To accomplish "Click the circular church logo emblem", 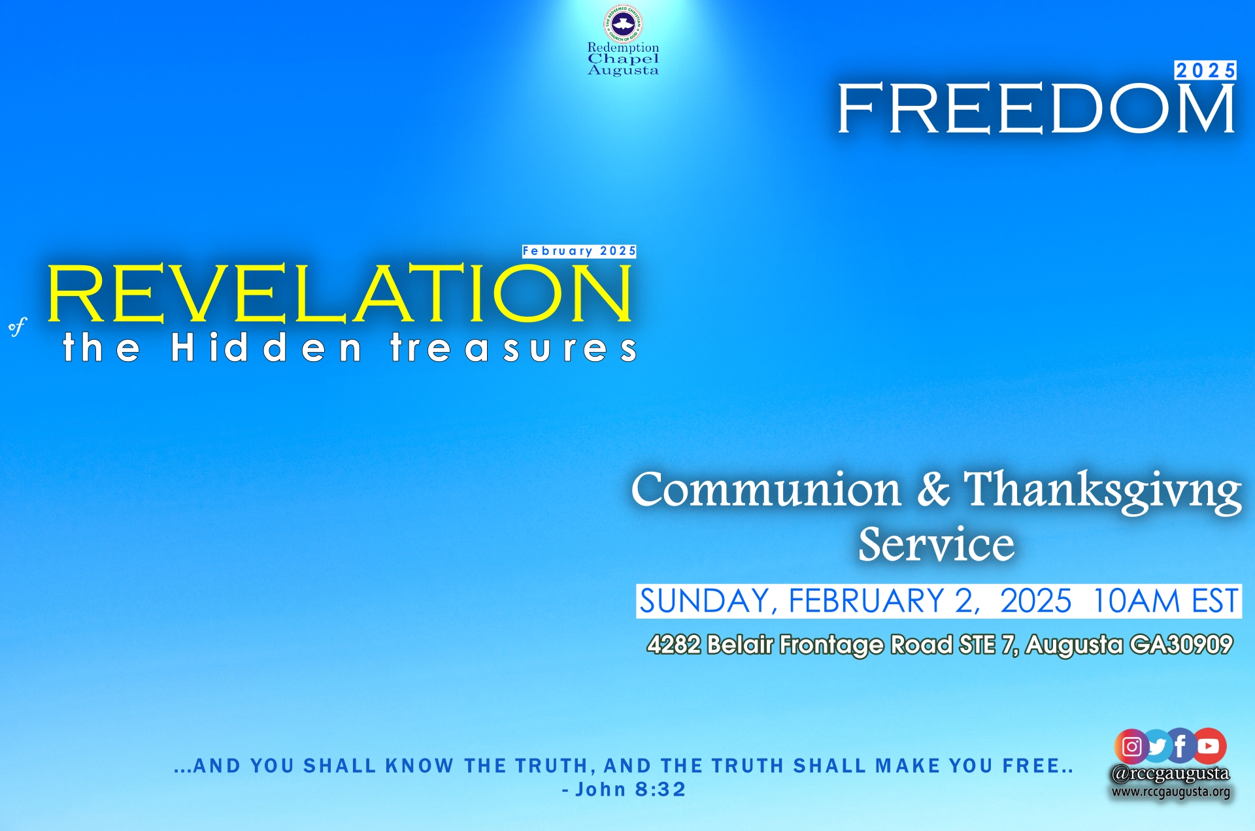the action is (x=623, y=24).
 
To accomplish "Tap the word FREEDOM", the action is (x=1037, y=108).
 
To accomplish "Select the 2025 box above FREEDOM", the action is (x=1205, y=71).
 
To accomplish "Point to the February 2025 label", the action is (x=579, y=251).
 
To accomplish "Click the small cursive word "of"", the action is (x=18, y=326).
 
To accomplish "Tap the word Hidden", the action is (x=266, y=347).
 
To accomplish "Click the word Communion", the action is (x=766, y=489).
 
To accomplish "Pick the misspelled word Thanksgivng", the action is (x=1103, y=491).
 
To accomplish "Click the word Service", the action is (x=936, y=544).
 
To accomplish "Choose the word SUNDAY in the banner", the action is (x=705, y=602).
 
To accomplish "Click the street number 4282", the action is (x=674, y=645).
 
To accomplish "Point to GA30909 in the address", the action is (x=1181, y=645).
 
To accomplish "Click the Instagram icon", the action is (x=1131, y=746).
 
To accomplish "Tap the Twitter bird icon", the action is (x=1157, y=746).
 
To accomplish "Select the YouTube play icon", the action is (x=1209, y=746).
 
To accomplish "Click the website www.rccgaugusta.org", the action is (x=1171, y=792).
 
